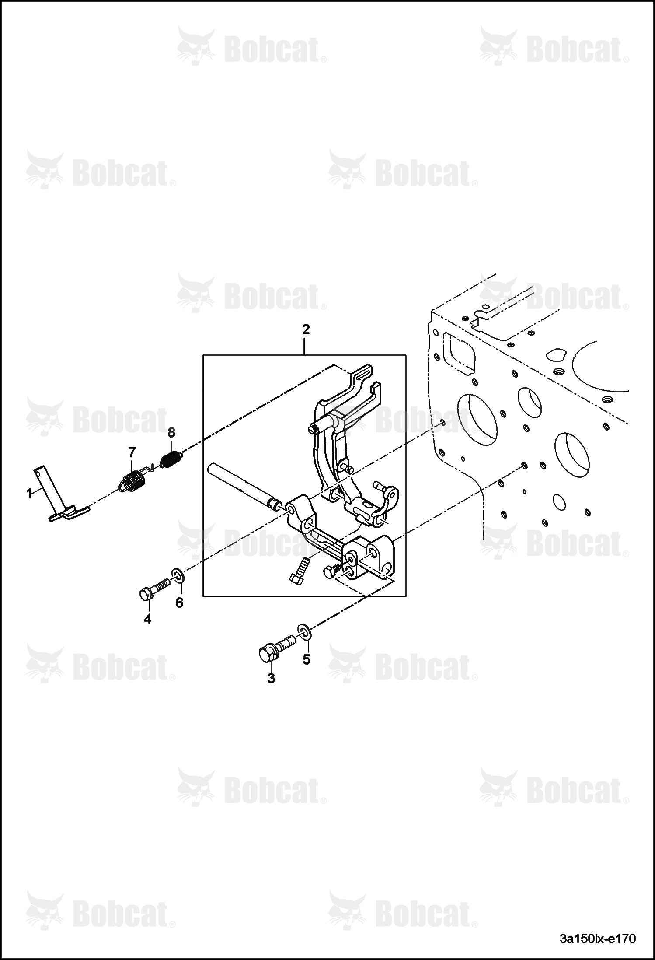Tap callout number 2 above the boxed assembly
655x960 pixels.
click(306, 329)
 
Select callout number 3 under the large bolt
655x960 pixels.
click(271, 679)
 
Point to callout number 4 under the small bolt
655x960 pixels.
click(147, 619)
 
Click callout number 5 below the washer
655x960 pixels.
click(307, 659)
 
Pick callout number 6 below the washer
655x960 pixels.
click(179, 603)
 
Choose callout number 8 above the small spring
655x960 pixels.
click(171, 433)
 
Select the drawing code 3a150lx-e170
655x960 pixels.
click(598, 939)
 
